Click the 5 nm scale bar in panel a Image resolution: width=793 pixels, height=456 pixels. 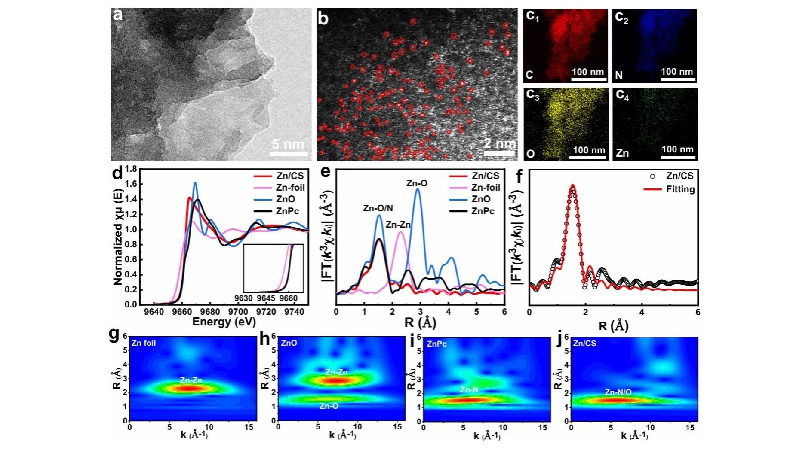289,153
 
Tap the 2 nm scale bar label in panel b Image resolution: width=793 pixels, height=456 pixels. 499,144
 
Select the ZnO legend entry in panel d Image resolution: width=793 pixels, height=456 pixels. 286,199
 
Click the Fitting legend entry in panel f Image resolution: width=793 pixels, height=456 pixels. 680,189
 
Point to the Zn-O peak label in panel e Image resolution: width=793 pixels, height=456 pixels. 417,184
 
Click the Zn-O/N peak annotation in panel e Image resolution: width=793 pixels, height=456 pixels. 378,209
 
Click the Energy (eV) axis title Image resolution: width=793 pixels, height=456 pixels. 224,322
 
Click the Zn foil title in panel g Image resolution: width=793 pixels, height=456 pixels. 144,343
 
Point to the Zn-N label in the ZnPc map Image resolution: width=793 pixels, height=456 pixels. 469,390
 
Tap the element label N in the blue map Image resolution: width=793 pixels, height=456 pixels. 619,76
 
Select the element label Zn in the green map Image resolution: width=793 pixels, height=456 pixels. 622,153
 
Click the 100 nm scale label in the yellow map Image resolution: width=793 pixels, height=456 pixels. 589,150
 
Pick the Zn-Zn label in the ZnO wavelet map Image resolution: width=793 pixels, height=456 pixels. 336,372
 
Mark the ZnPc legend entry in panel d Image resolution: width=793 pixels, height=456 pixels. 287,211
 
